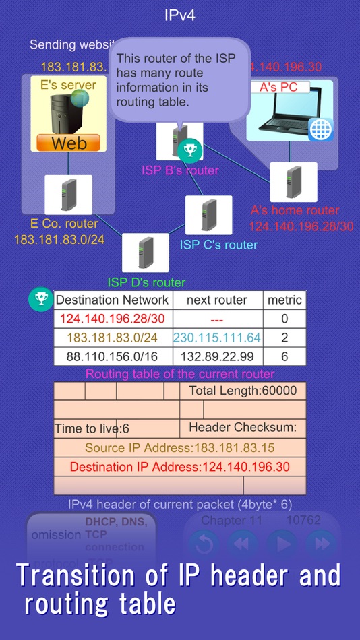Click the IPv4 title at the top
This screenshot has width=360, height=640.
(x=180, y=15)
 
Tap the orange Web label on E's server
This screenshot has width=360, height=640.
(x=68, y=143)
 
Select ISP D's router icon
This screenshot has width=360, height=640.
(x=145, y=253)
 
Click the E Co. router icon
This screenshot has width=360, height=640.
(x=68, y=195)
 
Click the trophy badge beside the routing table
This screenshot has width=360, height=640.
(x=40, y=299)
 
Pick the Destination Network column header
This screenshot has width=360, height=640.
(x=113, y=300)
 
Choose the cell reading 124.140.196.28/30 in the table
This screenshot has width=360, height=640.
(x=113, y=318)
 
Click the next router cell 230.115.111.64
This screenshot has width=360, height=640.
(x=217, y=337)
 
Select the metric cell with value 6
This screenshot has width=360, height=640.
(x=284, y=356)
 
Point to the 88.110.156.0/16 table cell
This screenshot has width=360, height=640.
(x=113, y=356)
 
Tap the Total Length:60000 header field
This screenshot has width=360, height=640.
(x=243, y=391)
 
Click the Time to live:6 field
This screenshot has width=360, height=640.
(x=92, y=428)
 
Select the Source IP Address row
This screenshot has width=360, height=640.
(x=180, y=447)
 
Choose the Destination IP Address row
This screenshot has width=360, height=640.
(x=180, y=466)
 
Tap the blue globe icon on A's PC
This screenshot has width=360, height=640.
(x=320, y=129)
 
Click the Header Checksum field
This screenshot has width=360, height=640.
(x=243, y=428)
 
